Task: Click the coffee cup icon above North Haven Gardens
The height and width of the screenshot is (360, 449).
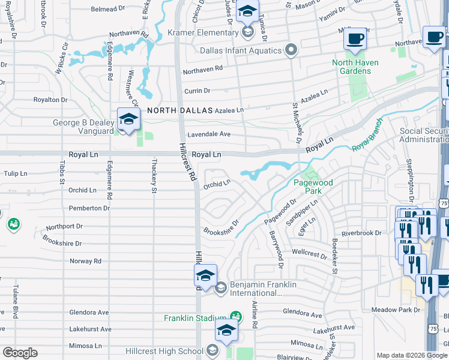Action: click(x=355, y=39)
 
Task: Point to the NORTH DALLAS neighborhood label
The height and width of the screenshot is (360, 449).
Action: click(x=180, y=110)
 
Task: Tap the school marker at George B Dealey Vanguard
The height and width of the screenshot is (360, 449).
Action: click(x=128, y=121)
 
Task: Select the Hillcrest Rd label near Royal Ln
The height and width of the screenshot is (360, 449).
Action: click(x=186, y=161)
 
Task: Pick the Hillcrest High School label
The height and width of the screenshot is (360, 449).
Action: click(x=164, y=351)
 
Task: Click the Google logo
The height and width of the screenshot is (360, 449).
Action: click(x=20, y=353)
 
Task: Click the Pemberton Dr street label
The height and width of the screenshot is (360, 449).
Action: click(x=90, y=208)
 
